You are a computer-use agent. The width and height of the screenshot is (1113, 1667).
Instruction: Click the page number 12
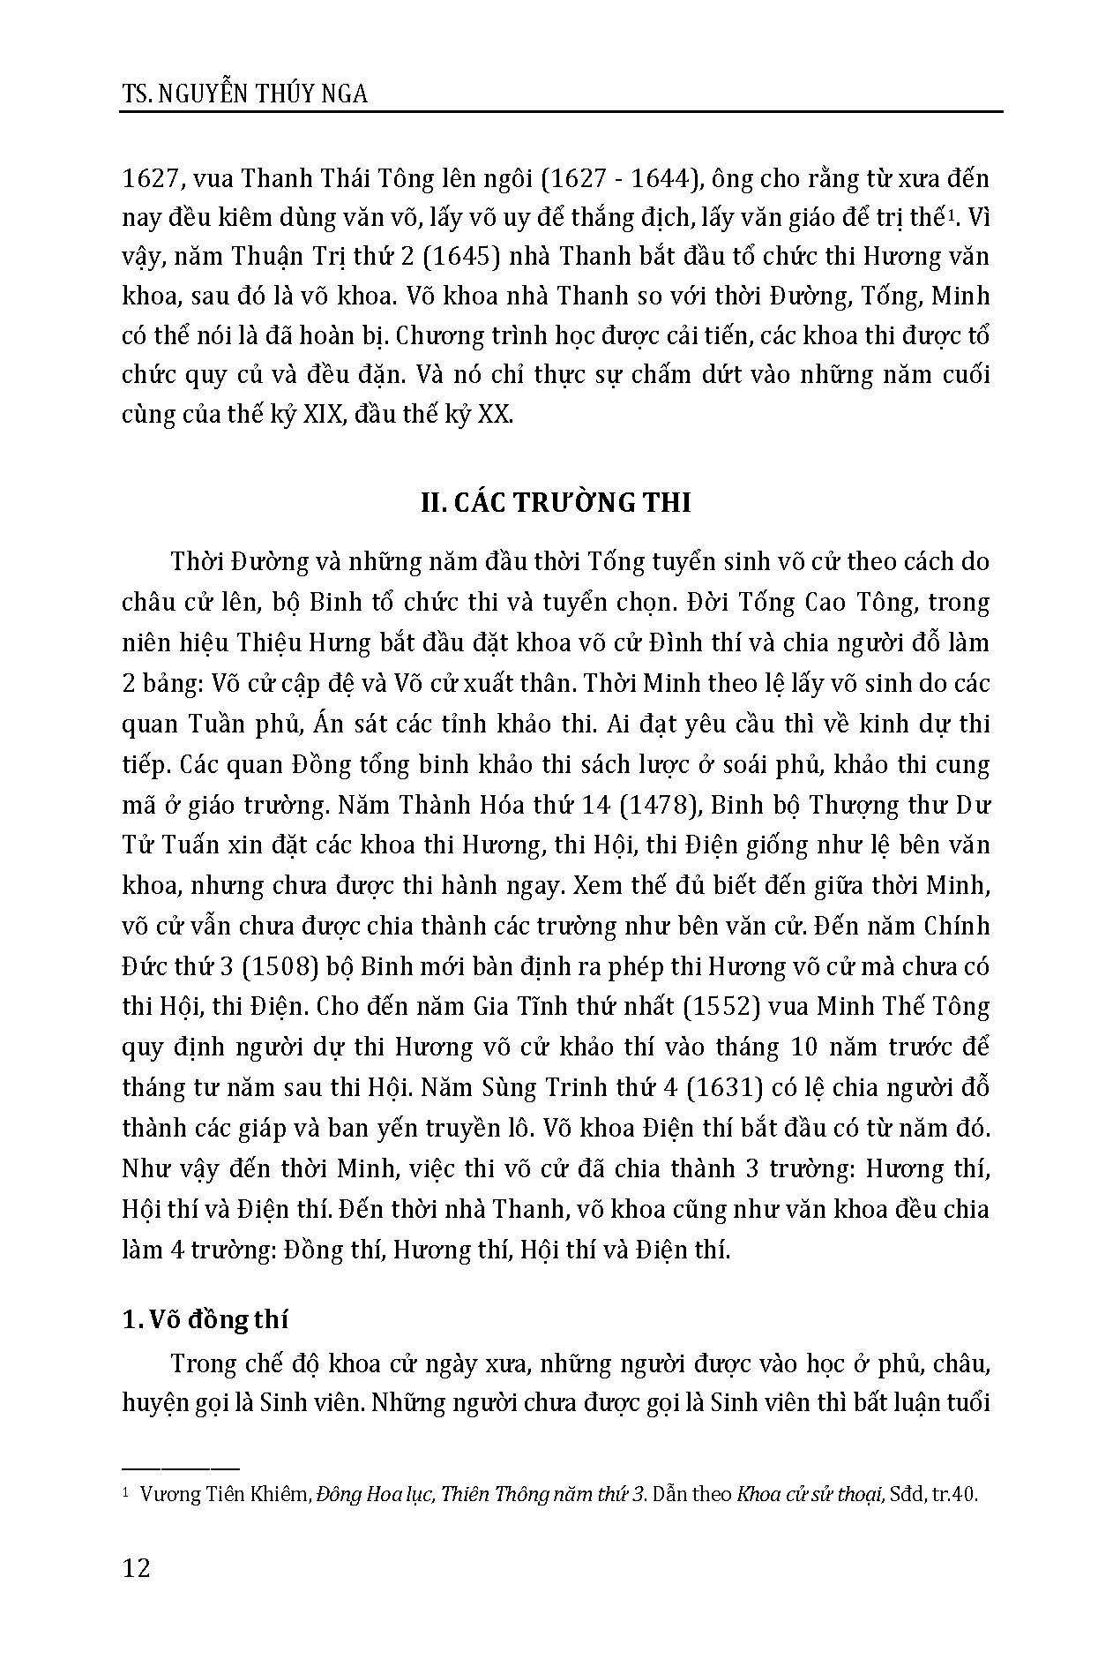pos(137,1568)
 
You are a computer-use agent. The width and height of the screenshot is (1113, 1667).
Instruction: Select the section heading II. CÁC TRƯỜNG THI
pos(555,503)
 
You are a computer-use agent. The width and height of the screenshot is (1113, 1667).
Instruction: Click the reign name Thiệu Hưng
pos(281,642)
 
